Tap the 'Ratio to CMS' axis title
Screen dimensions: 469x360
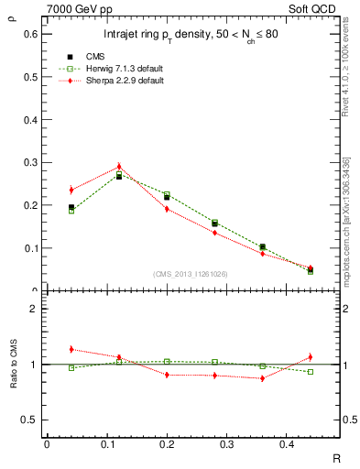[x=13, y=365]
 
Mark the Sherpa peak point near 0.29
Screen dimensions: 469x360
[x=118, y=167]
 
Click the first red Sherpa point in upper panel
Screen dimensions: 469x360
[x=71, y=190]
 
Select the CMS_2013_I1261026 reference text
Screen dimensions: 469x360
[x=191, y=274]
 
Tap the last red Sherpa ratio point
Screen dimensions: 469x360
[x=311, y=357]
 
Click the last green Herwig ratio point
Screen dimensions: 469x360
[x=311, y=372]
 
